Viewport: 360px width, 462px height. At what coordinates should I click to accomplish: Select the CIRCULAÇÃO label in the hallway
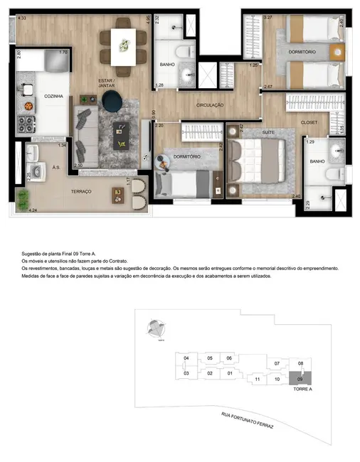(x=210, y=104)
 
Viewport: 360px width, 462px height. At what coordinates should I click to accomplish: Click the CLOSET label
(x=309, y=122)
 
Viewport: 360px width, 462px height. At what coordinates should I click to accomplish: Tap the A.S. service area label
(x=55, y=168)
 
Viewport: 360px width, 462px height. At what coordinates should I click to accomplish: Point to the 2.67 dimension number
(x=268, y=87)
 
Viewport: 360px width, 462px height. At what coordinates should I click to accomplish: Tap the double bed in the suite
(x=258, y=163)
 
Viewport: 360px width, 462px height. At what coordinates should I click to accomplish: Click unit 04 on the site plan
(x=186, y=358)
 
